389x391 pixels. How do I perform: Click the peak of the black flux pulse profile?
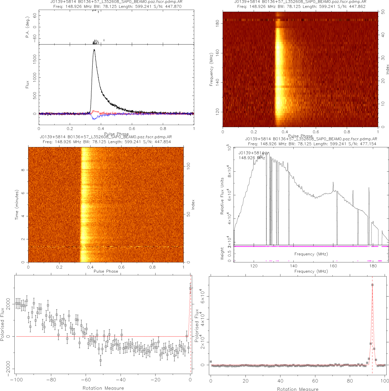click(94, 49)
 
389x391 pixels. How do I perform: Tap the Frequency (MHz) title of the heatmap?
click(211, 69)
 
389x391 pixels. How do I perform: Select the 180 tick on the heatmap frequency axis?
click(217, 23)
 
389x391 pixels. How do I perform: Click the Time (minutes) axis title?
click(17, 205)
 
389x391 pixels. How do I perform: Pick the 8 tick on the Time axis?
click(23, 170)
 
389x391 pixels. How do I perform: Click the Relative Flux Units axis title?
click(222, 196)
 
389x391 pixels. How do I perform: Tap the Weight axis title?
click(222, 253)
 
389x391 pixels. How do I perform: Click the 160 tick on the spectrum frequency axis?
click(333, 266)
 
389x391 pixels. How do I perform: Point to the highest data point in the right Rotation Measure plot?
click(372, 285)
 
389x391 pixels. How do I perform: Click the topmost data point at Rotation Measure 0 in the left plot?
click(190, 288)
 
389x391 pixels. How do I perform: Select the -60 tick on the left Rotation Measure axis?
click(86, 380)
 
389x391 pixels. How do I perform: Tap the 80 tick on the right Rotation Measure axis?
click(350, 381)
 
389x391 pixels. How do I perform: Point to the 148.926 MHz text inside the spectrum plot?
click(252, 158)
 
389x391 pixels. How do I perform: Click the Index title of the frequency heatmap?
click(387, 69)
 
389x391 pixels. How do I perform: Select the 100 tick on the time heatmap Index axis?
click(188, 166)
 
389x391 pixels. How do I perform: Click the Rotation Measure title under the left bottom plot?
click(103, 388)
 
